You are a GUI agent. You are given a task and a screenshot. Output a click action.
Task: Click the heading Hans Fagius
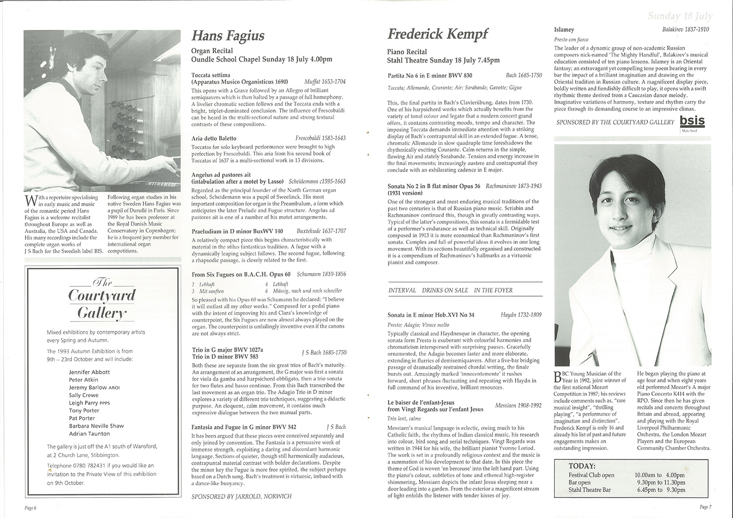coord(228,36)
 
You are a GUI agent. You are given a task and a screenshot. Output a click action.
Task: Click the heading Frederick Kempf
coord(438,34)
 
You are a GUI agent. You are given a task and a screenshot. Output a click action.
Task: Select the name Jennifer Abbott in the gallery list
coord(89,372)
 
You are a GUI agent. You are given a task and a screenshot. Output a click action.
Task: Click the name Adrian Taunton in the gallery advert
coord(90,433)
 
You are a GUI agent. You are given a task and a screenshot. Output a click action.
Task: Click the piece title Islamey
coord(564,30)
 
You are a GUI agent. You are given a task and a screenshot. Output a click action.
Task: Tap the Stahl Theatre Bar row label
coord(590,490)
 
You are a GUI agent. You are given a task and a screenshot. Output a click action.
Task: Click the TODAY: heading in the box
coord(582,466)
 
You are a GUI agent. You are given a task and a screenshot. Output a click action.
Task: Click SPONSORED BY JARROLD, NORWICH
coord(241,496)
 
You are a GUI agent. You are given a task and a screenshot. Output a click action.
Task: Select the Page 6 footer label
coord(31,508)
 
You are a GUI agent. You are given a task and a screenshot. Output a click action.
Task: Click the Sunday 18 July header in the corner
coord(680,16)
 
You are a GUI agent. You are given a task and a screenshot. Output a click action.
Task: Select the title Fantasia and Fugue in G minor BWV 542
coord(244,427)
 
